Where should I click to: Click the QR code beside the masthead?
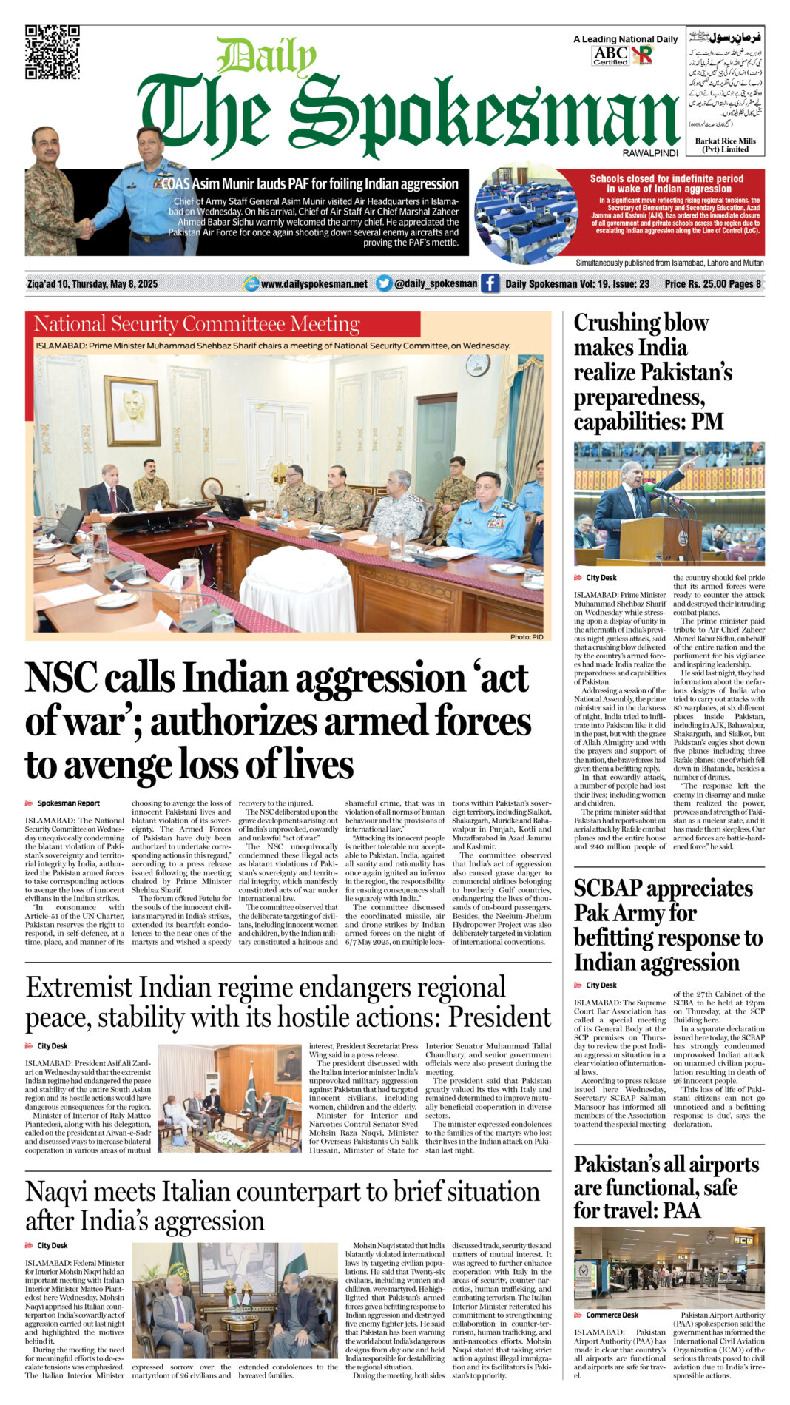53,52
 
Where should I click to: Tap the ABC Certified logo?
610,55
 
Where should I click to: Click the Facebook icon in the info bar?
490,283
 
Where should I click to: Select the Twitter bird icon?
384,283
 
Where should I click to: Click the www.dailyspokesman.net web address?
314,284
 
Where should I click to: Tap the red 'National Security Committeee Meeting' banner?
222,324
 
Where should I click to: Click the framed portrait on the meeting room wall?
132,411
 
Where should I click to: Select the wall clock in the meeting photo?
477,365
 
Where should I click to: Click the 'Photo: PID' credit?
527,637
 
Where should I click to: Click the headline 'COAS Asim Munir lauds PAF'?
311,184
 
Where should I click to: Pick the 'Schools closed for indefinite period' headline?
666,183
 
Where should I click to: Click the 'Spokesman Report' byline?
68,803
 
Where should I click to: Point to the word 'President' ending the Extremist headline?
499,1018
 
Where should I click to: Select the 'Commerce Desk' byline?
612,1315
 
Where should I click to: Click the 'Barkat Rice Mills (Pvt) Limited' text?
725,145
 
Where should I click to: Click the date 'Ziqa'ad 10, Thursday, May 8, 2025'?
92,284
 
